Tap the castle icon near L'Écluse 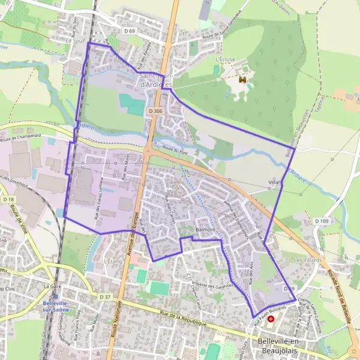(243, 79)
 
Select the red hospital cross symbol (271, 319)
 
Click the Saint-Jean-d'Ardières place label (156, 80)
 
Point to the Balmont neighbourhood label (205, 230)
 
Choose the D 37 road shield (105, 296)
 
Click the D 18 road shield (8, 199)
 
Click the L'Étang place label (112, 262)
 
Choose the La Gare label (53, 287)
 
